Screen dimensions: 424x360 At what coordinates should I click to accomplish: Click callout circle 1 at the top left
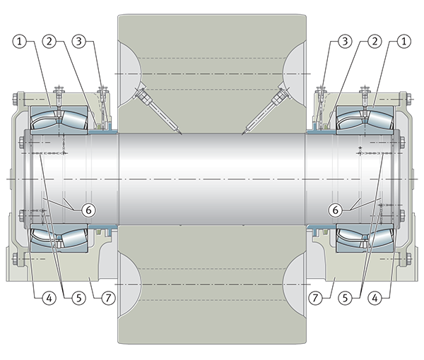(x=20, y=42)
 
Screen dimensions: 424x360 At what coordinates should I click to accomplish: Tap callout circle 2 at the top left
(x=49, y=42)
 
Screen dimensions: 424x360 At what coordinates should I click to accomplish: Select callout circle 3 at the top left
(x=79, y=42)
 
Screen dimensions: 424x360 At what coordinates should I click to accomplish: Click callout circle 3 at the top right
(x=345, y=42)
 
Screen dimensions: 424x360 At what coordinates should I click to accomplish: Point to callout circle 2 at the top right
(x=375, y=42)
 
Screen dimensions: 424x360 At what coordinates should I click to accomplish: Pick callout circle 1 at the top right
(x=404, y=42)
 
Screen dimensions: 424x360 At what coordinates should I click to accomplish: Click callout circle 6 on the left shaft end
(x=89, y=210)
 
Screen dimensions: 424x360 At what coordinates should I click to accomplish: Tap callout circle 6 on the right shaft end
(x=335, y=210)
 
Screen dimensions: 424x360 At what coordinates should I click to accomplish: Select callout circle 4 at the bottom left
(x=49, y=298)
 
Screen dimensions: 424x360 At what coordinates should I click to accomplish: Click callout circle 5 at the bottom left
(x=79, y=298)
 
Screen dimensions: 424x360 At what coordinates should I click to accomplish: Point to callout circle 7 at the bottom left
(x=108, y=298)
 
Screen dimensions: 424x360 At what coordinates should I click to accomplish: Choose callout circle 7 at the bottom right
(x=316, y=298)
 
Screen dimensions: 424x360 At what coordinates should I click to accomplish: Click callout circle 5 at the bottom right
(x=346, y=298)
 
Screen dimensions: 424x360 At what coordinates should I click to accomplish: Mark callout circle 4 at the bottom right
(x=375, y=298)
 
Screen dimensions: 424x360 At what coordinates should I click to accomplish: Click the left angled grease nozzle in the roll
(x=158, y=111)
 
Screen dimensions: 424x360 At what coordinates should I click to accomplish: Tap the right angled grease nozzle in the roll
(x=266, y=111)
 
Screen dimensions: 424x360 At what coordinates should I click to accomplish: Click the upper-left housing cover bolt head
(x=15, y=99)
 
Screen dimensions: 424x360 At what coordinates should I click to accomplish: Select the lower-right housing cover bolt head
(x=409, y=258)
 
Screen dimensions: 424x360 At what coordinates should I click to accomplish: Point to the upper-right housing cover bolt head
(x=409, y=99)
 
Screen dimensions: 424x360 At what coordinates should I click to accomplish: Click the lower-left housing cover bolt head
(x=15, y=258)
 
